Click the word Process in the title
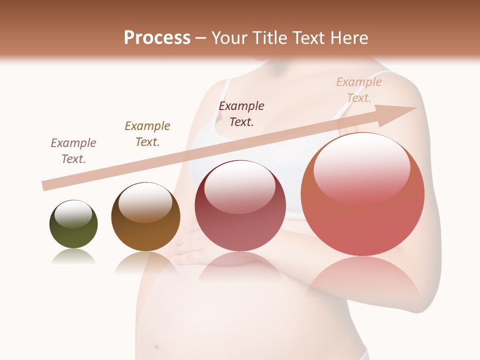[x=157, y=37]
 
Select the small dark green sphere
[x=73, y=224]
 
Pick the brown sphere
[x=145, y=216]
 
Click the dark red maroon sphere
[x=240, y=205]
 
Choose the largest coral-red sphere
[x=362, y=194]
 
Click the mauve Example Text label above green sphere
[x=73, y=151]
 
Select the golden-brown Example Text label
[x=147, y=134]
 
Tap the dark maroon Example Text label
[x=241, y=113]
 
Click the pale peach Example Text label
[x=358, y=90]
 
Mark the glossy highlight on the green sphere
[x=73, y=213]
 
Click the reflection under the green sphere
[x=73, y=256]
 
